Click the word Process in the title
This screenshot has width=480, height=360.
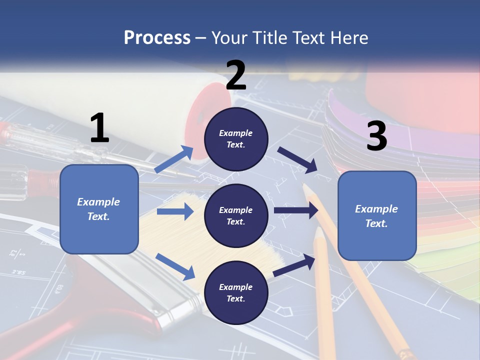157,37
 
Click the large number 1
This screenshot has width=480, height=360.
100,127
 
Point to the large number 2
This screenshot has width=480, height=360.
236,75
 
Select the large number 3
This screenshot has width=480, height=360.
377,135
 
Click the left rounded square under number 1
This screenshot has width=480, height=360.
99,209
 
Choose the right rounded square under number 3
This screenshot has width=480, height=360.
377,216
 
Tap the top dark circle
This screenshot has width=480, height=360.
236,139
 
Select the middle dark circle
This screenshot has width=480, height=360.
236,216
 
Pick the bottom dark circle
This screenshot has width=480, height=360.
236,292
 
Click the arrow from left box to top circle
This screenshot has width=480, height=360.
174,159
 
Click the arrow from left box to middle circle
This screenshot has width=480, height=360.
175,211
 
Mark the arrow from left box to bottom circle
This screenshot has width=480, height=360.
175,266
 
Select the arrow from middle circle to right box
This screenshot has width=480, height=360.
296,210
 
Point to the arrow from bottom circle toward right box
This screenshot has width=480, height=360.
294,265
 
